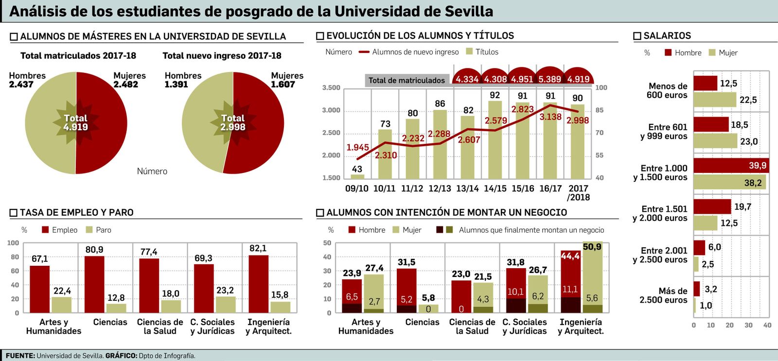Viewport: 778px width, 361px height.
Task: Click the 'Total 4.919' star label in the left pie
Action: pos(75,122)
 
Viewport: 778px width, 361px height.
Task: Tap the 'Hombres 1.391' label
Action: pos(183,80)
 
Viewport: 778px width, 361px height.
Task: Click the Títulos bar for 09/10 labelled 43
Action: pos(357,176)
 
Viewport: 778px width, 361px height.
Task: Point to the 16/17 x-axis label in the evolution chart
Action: pos(550,189)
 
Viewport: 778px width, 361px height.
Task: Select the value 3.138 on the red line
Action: pos(550,117)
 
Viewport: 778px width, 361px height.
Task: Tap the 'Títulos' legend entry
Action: pos(486,52)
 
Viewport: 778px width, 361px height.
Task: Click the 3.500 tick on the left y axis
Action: pos(331,88)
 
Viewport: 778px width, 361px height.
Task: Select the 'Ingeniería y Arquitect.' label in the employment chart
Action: pos(268,327)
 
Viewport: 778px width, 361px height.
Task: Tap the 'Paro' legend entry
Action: pos(103,230)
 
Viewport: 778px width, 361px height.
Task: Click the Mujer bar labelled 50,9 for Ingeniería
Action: pos(592,277)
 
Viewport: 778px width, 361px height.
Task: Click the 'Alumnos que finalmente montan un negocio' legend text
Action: pos(531,230)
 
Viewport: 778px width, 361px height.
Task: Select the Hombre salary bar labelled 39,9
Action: pos(730,166)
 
